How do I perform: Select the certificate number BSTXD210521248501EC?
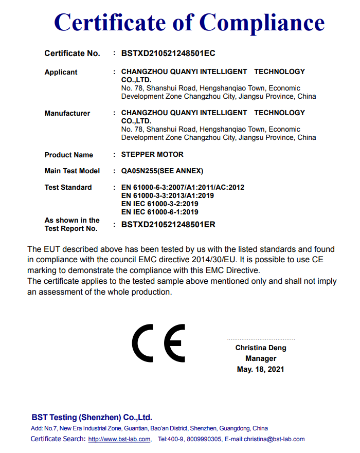pyautogui.click(x=168, y=53)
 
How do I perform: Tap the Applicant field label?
pyautogui.click(x=61, y=73)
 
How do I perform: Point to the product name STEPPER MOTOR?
pyautogui.click(x=152, y=155)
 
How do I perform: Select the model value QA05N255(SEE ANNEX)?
pyautogui.click(x=162, y=171)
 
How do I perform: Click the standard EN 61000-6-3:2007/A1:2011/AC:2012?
pyautogui.click(x=183, y=188)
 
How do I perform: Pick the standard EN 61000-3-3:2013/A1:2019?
pyautogui.click(x=167, y=196)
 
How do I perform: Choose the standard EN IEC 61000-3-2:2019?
pyautogui.click(x=160, y=204)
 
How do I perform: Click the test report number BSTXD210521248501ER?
pyautogui.click(x=168, y=225)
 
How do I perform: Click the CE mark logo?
pyautogui.click(x=158, y=343)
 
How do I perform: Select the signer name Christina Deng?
pyautogui.click(x=261, y=348)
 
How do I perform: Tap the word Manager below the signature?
pyautogui.click(x=261, y=359)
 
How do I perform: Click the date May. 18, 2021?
pyautogui.click(x=261, y=370)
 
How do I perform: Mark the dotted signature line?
pyautogui.click(x=261, y=339)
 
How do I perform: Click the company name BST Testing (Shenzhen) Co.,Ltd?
pyautogui.click(x=92, y=418)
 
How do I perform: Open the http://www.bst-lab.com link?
pyautogui.click(x=119, y=440)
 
